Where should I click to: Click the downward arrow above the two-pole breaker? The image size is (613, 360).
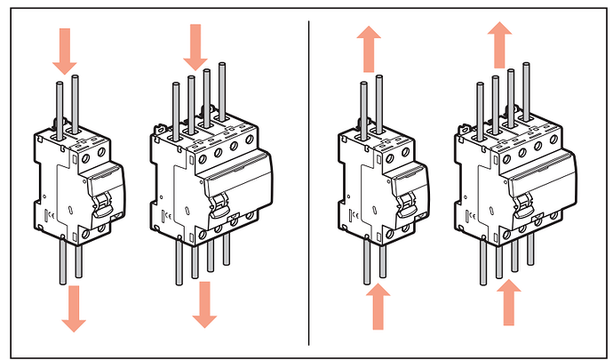click(x=65, y=51)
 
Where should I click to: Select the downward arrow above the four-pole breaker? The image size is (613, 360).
click(x=195, y=45)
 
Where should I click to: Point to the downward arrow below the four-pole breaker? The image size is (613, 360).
click(x=205, y=302)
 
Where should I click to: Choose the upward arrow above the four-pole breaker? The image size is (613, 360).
click(x=498, y=42)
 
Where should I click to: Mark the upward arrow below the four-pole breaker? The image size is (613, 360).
click(x=510, y=303)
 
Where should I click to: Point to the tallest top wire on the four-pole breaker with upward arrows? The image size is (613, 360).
click(x=511, y=90)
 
